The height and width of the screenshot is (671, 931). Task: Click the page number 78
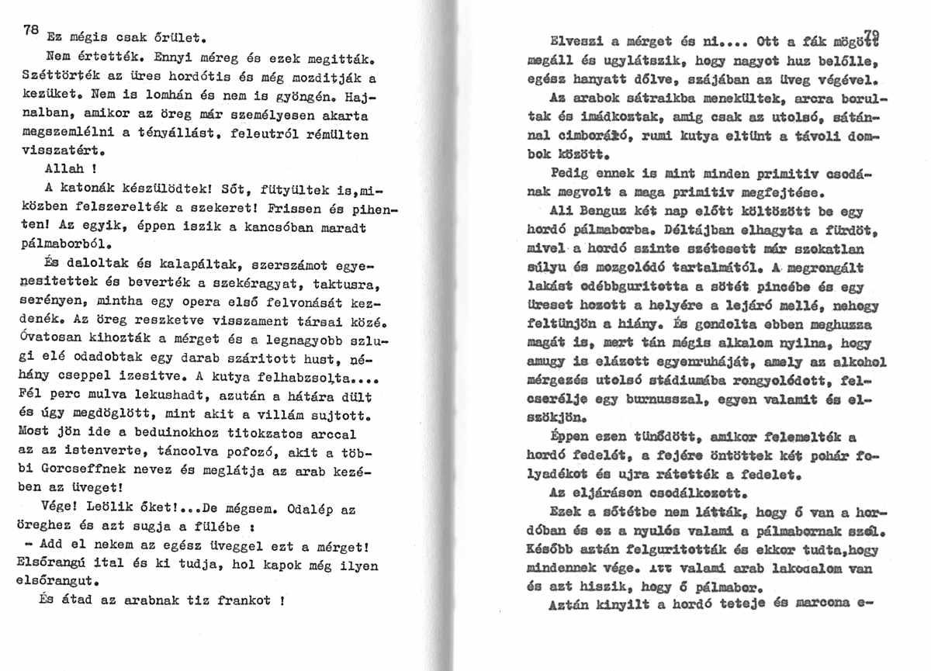tap(30, 30)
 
